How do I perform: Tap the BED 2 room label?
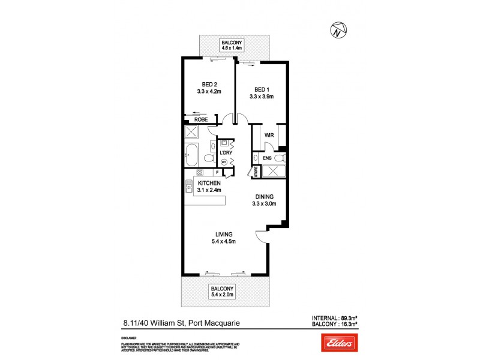coord(209,85)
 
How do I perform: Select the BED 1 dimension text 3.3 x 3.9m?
coord(262,97)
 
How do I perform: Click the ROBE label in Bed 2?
coord(200,119)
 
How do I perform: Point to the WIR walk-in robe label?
coord(269,136)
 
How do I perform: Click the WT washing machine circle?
coord(224,162)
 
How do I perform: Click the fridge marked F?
coord(217,173)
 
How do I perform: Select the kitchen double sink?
coord(188,187)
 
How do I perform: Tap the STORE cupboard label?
coord(255,172)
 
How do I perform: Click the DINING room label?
coord(264,196)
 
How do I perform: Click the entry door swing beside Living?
coord(262,238)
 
